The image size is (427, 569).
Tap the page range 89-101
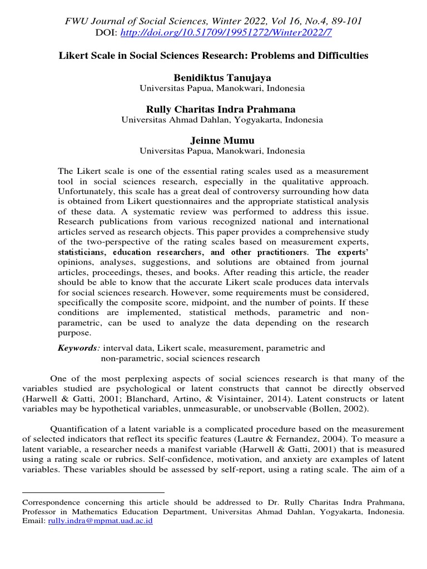[343, 22]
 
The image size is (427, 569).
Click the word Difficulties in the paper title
[341, 56]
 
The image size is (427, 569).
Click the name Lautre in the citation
[255, 438]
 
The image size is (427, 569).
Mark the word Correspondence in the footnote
[48, 501]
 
